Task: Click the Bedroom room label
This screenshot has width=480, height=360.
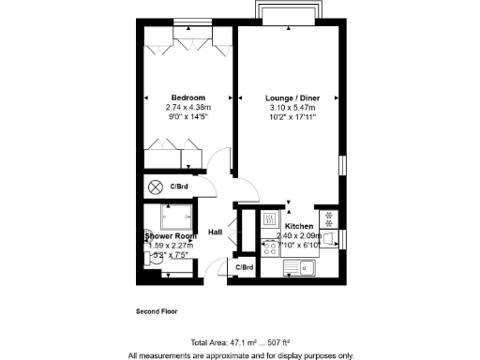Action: pos(187,97)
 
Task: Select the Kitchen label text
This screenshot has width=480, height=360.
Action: pos(299,227)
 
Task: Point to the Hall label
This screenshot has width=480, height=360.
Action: pos(215,232)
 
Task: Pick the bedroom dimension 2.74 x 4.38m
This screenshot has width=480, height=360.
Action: pos(187,108)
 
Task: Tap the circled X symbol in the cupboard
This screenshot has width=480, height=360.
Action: pos(156,186)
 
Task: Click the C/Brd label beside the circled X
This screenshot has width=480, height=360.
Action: pos(181,186)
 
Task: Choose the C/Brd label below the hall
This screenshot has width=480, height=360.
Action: pos(244,268)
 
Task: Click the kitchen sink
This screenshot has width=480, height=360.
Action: pos(307,269)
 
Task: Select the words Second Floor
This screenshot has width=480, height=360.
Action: pos(157,310)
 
